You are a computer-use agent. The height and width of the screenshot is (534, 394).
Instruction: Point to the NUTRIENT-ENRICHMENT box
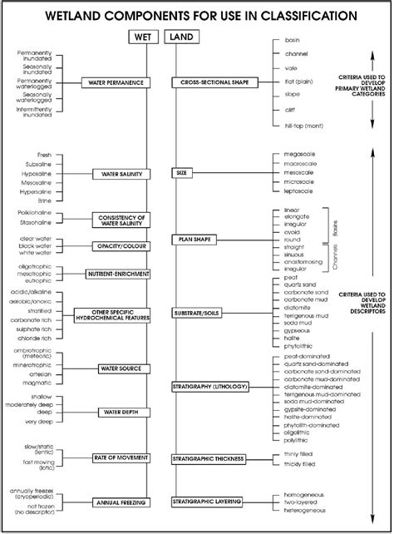pyautogui.click(x=118, y=273)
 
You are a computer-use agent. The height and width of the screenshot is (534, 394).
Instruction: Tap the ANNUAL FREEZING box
pyautogui.click(x=119, y=502)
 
